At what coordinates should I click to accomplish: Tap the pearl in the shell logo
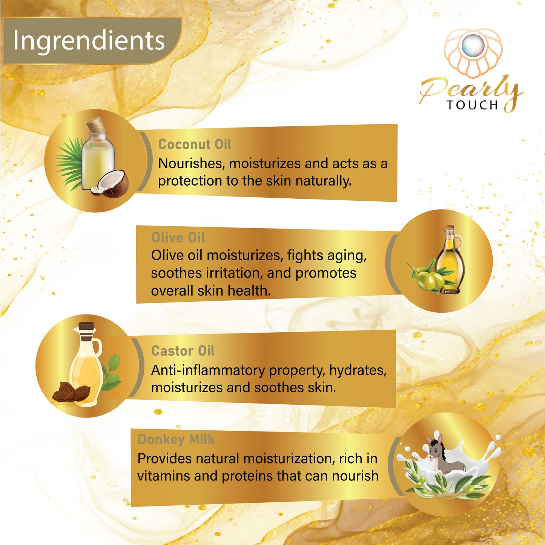tap(473, 46)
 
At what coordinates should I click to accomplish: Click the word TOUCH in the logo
tap(472, 105)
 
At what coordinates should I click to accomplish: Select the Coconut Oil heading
tap(195, 144)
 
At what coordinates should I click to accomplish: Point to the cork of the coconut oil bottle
tap(97, 125)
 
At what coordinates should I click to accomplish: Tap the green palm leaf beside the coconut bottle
tap(69, 164)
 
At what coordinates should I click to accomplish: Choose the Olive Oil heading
tap(178, 237)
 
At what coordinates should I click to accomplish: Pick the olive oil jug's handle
tap(459, 244)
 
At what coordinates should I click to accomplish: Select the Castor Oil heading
tap(183, 351)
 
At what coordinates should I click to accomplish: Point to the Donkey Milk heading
tap(176, 439)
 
